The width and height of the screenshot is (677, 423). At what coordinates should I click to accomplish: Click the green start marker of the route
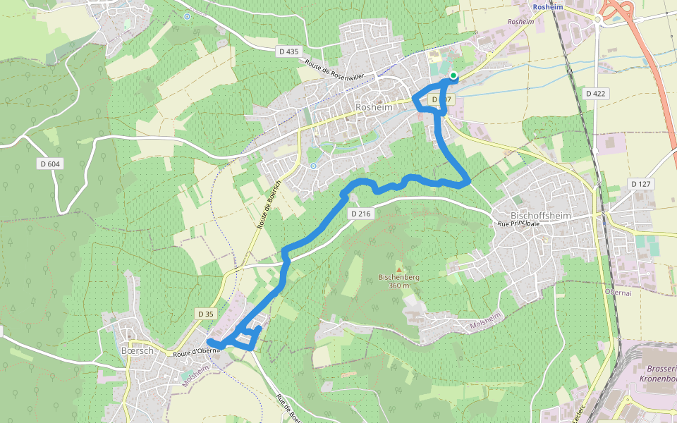(x=453, y=75)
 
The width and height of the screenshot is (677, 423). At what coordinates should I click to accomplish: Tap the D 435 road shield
(x=288, y=51)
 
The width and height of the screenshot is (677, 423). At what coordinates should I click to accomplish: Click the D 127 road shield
(x=640, y=184)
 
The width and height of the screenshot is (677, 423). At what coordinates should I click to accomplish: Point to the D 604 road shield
(x=49, y=164)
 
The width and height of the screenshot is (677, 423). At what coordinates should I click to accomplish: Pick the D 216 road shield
(x=360, y=213)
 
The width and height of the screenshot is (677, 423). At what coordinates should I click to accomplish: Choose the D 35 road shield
(x=206, y=314)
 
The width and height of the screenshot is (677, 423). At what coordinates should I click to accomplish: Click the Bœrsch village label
(x=137, y=350)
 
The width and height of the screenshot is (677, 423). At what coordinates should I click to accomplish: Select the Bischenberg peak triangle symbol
(x=399, y=269)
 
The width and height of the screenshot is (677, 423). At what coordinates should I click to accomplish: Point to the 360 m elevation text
(x=399, y=286)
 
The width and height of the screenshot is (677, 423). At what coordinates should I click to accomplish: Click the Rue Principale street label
(x=518, y=223)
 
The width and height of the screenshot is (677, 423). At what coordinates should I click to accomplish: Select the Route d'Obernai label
(x=192, y=352)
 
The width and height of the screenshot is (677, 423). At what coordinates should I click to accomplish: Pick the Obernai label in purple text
(x=617, y=291)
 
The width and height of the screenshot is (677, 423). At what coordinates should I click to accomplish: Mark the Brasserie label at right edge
(x=661, y=369)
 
